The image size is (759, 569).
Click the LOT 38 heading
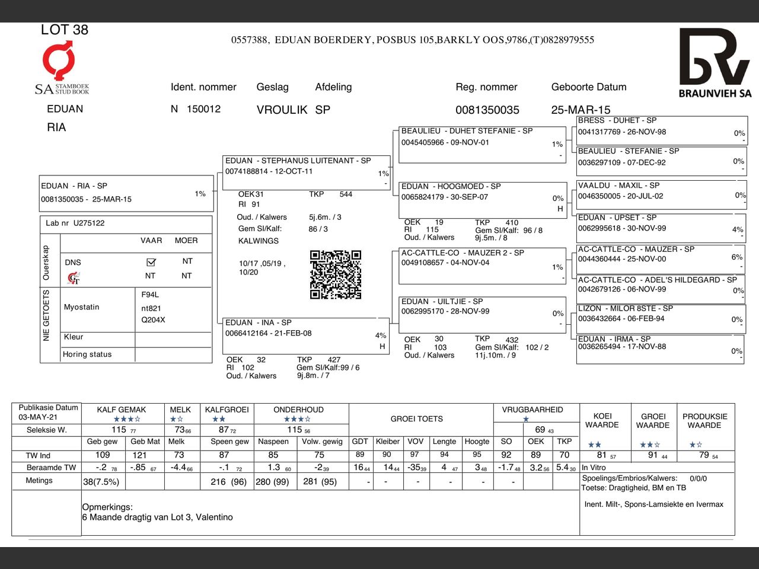(x=64, y=30)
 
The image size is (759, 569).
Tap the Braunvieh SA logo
(x=715, y=63)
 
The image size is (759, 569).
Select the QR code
(x=336, y=274)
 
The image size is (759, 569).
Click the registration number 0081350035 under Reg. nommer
(x=487, y=110)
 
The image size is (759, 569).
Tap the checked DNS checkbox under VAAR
(x=151, y=261)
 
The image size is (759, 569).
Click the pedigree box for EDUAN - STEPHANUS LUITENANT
(x=306, y=172)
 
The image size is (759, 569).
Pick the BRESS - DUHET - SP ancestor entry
(x=617, y=120)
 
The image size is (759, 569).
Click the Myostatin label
(x=81, y=307)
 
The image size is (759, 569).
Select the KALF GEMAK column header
(x=122, y=410)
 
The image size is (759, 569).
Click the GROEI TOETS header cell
(x=416, y=419)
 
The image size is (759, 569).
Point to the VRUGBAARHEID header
(x=532, y=410)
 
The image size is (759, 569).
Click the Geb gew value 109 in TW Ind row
(x=103, y=455)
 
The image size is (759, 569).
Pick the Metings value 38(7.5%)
(x=101, y=482)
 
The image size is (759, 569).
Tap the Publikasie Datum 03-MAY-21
(x=38, y=417)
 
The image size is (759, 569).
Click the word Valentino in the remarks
(x=214, y=517)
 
